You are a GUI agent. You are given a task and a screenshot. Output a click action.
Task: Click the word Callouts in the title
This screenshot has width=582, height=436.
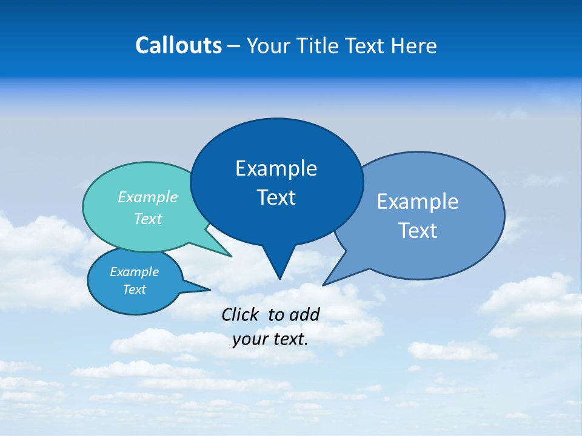click(x=178, y=45)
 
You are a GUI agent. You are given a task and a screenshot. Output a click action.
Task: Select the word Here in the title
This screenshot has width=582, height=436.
click(x=414, y=45)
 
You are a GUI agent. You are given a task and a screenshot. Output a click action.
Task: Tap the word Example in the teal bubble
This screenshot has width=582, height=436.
click(x=148, y=197)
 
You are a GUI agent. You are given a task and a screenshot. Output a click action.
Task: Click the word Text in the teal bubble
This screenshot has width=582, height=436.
click(x=148, y=219)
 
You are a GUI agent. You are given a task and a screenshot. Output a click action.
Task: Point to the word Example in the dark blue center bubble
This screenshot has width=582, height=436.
click(x=276, y=168)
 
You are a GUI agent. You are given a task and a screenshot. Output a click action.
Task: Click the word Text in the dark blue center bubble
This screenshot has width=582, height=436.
click(x=276, y=197)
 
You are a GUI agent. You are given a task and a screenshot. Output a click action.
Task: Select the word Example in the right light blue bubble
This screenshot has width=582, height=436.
click(x=418, y=202)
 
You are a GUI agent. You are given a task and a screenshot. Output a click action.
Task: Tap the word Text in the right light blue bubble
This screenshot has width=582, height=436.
click(x=418, y=231)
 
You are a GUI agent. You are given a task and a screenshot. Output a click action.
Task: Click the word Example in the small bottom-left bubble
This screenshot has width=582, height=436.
click(x=134, y=272)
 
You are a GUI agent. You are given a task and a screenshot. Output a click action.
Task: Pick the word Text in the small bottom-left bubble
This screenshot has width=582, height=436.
click(x=134, y=289)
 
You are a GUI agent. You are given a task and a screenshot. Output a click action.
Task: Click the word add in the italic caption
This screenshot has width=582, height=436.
click(x=304, y=314)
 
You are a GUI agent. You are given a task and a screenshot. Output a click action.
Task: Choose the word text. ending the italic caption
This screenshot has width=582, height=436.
click(x=290, y=339)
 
